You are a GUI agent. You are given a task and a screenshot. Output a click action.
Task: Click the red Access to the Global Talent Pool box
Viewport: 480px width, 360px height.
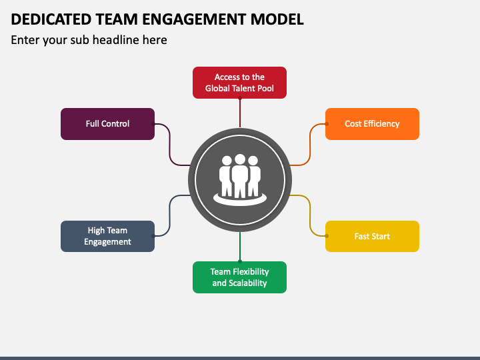point(240,83)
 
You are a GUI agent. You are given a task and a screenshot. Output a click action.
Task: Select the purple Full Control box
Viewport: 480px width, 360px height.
point(108,124)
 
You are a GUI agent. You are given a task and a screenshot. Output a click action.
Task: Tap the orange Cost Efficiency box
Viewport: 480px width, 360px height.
point(372,124)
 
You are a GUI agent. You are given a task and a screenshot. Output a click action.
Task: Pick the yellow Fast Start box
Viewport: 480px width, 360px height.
point(372,236)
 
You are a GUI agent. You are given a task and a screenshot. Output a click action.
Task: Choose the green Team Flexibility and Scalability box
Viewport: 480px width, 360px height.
point(240,277)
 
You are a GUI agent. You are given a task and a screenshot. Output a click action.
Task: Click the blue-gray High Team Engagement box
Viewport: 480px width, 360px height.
point(108,236)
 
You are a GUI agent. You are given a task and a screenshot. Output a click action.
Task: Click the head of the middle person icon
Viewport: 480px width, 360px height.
point(240,159)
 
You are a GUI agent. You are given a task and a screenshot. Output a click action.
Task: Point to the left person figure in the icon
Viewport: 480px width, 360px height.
point(226,176)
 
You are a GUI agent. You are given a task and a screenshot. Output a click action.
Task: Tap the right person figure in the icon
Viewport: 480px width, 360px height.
point(254,176)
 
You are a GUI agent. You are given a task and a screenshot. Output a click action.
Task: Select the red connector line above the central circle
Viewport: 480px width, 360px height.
point(240,113)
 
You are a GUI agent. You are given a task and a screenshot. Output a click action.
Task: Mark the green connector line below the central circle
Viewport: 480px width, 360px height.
point(240,247)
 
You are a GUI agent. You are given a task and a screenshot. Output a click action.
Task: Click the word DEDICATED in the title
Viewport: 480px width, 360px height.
point(51,19)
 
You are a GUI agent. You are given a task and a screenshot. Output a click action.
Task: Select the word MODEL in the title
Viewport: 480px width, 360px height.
point(277,19)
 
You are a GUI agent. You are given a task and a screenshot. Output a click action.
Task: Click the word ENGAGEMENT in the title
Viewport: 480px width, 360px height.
point(194,19)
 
